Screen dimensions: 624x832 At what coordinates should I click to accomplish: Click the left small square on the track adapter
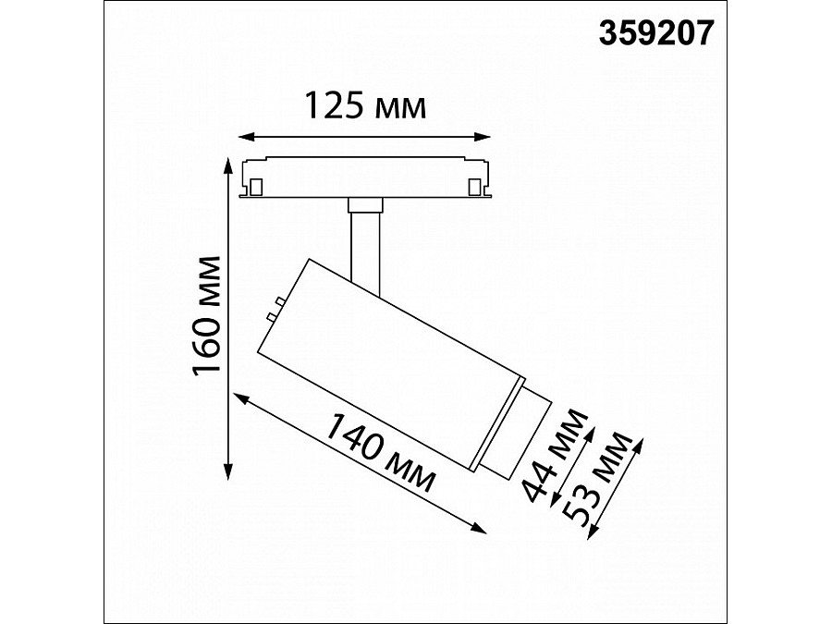pos(252,188)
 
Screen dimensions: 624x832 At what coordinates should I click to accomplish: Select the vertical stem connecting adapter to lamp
pos(365,245)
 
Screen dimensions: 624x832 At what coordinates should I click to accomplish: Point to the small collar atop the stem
pos(365,205)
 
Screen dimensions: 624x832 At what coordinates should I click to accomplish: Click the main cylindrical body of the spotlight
pos(388,351)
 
